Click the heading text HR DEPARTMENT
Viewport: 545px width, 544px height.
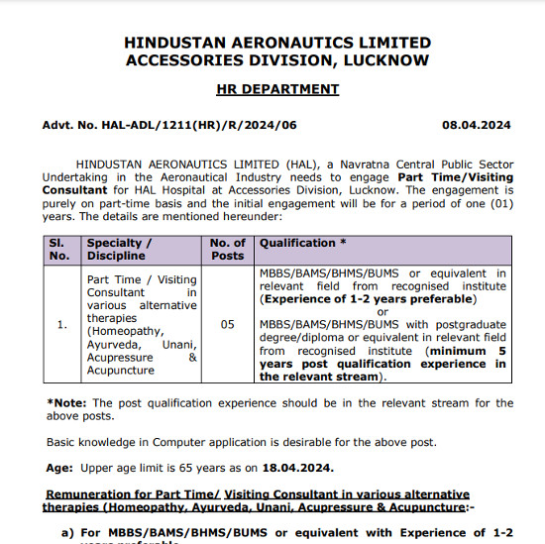(277, 89)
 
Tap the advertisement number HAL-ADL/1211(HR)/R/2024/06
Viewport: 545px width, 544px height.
(168, 126)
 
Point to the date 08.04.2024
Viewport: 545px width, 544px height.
(477, 126)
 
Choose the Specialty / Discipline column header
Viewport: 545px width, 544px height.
(120, 249)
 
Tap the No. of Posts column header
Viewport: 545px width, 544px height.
(228, 249)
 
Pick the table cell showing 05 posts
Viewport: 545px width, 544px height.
(228, 324)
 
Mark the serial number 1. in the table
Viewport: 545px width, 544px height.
(61, 324)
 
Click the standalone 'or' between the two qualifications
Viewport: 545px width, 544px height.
(383, 312)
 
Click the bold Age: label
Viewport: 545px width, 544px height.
(60, 469)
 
